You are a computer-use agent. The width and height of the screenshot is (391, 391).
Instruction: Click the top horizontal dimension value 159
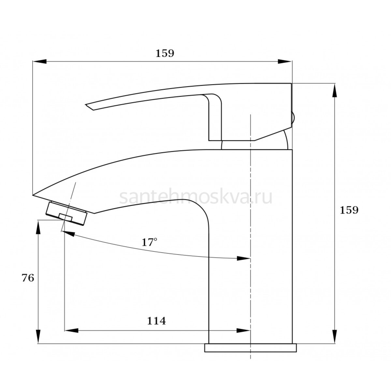click(x=165, y=53)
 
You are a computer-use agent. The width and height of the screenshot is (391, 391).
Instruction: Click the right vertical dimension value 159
click(x=349, y=210)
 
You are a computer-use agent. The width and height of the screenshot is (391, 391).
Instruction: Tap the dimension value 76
click(x=28, y=278)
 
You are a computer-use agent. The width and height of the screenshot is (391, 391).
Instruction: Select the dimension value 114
click(x=156, y=321)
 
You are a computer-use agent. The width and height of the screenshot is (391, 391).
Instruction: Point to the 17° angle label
click(x=149, y=242)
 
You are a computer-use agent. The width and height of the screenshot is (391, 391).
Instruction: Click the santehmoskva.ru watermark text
click(x=195, y=197)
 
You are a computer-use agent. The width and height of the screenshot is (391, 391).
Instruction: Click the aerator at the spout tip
click(x=66, y=213)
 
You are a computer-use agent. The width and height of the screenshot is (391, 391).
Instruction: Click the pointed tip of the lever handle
click(x=86, y=105)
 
